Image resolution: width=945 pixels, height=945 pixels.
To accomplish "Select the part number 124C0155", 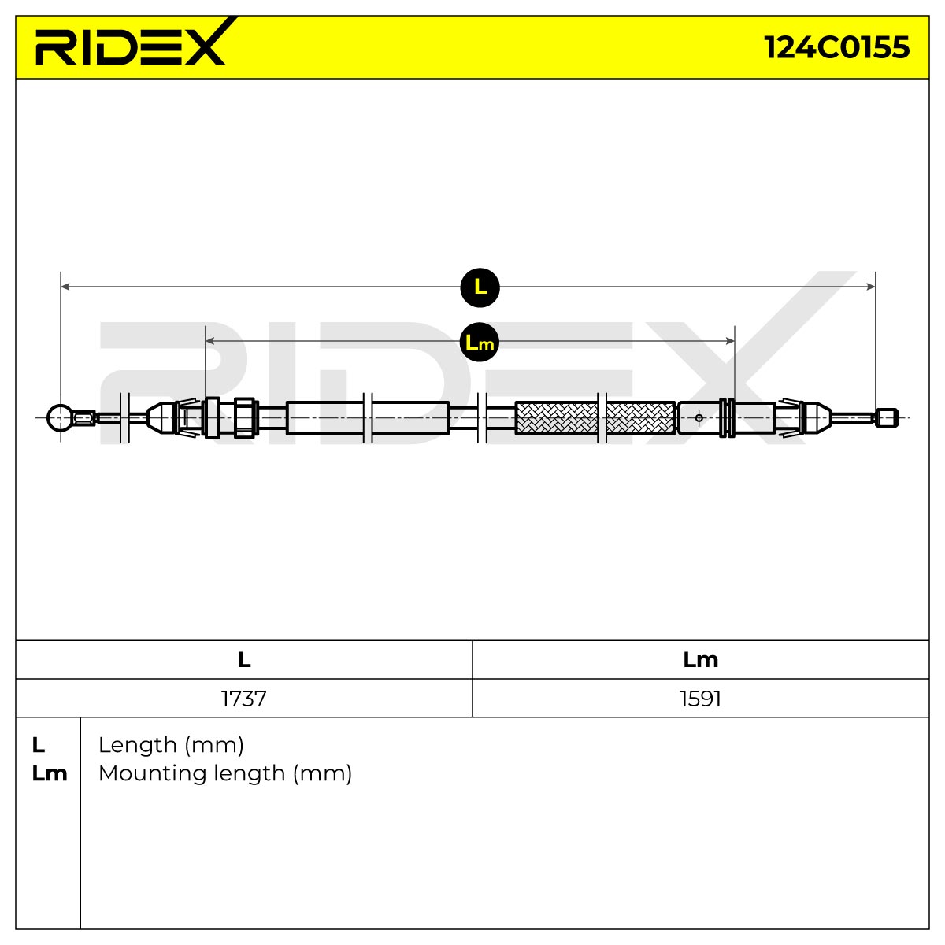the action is [836, 47].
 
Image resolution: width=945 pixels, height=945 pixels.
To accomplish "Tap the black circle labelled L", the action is [480, 287].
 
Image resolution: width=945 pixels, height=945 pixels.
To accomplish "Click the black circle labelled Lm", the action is [479, 342].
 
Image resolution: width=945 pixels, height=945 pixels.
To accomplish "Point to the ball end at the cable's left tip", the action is [60, 418].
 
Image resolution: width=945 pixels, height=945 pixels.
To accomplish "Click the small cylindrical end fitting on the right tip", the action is [887, 418].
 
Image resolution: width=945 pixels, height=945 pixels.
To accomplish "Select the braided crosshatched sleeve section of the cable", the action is [595, 418].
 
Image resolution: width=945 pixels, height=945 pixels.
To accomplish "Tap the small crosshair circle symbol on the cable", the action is [699, 418].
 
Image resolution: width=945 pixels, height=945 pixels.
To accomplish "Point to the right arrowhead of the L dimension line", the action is [871, 287].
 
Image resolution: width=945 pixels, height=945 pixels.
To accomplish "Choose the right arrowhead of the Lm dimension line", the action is [730, 341].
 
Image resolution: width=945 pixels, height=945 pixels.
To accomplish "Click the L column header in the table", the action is [244, 660].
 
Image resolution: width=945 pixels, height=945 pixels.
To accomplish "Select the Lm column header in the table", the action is [700, 660].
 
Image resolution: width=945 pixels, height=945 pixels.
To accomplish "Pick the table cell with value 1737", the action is [243, 699].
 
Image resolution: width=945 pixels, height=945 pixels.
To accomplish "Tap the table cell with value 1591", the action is [700, 699].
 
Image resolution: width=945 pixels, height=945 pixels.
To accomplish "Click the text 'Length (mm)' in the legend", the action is [171, 746].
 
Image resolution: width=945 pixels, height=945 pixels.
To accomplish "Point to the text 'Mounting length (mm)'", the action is [225, 774].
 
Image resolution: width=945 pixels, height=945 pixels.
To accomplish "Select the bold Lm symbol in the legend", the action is [50, 773].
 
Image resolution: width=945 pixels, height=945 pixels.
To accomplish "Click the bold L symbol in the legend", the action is [39, 745].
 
